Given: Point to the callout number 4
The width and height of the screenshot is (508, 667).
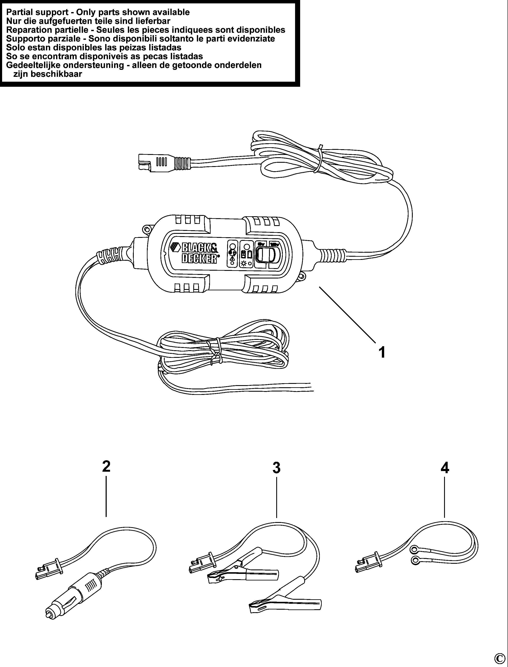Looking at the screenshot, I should pos(444,468).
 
